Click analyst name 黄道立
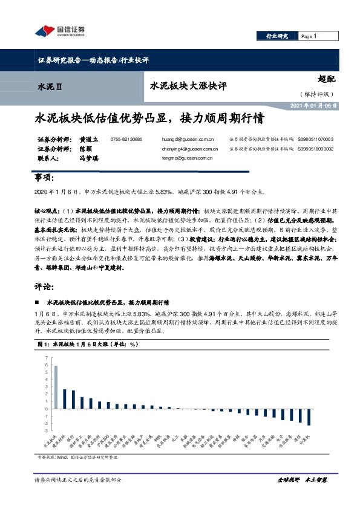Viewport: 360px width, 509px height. (x=88, y=139)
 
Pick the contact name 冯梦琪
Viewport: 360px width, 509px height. (x=88, y=158)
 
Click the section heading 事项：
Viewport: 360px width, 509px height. (x=45, y=178)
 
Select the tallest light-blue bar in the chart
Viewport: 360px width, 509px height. (x=56, y=386)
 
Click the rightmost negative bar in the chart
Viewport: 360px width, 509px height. (x=309, y=417)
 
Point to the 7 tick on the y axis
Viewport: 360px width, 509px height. (x=46, y=358)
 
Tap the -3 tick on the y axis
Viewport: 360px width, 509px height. (x=45, y=430)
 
